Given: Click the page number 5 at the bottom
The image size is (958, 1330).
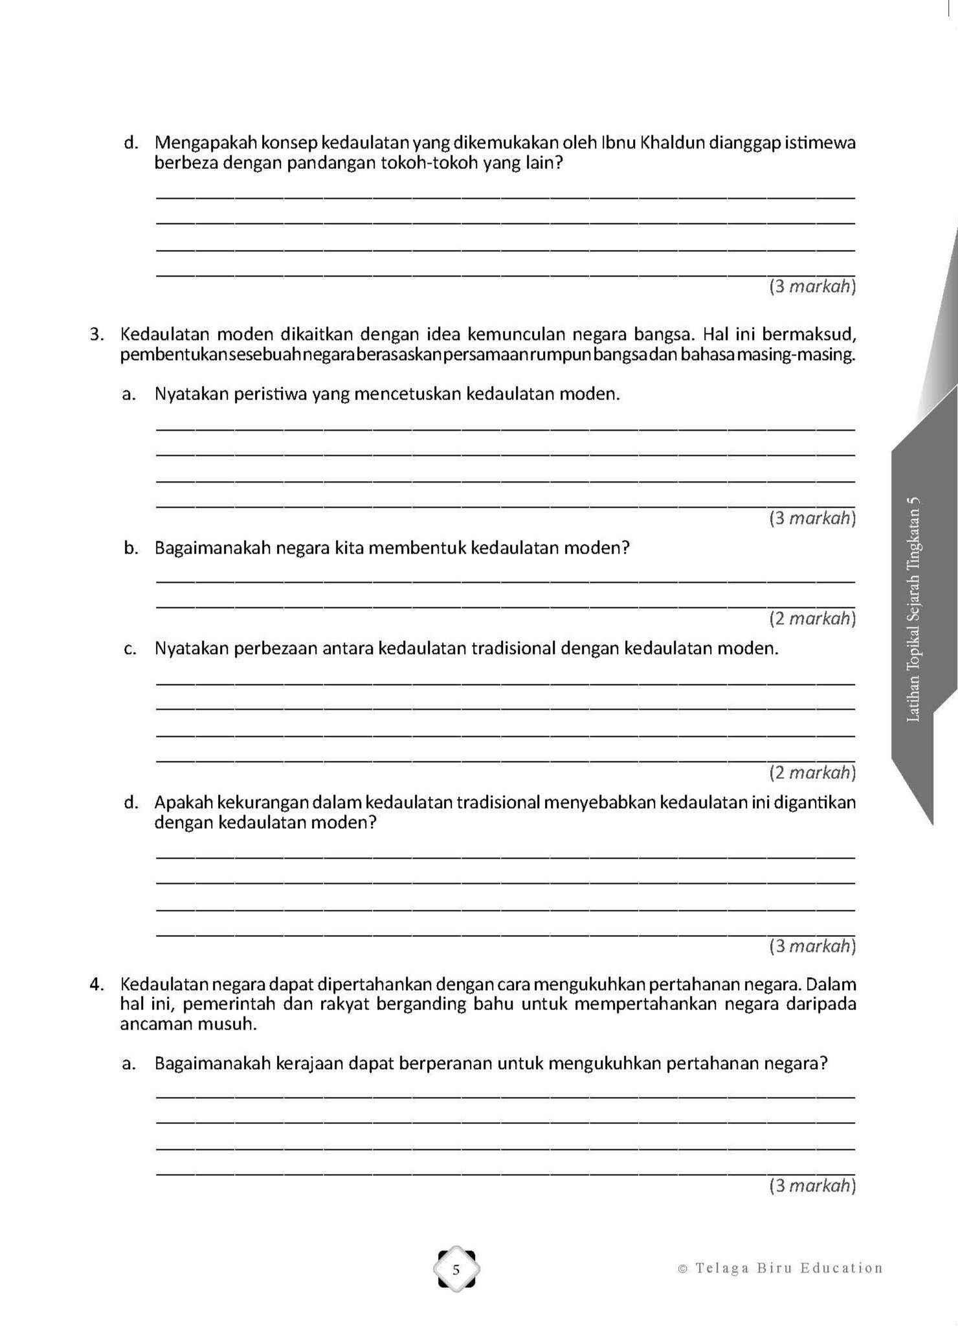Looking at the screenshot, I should pyautogui.click(x=456, y=1269).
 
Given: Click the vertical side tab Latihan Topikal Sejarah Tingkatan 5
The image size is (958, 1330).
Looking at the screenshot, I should pyautogui.click(x=913, y=609).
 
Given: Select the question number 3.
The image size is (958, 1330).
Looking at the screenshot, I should pyautogui.click(x=96, y=335).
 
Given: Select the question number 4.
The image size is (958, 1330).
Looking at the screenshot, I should pyautogui.click(x=96, y=984).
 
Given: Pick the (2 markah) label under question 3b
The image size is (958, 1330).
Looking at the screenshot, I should pyautogui.click(x=812, y=619).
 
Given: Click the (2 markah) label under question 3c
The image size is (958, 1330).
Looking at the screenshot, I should pyautogui.click(x=812, y=772).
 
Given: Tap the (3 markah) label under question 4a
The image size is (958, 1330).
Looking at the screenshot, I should pyautogui.click(x=812, y=1186).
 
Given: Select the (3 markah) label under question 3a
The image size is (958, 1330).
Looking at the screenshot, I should pyautogui.click(x=812, y=518).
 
